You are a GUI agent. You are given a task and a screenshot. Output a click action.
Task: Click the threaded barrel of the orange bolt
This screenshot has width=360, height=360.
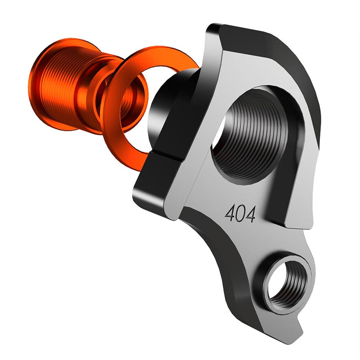(x=63, y=85)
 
